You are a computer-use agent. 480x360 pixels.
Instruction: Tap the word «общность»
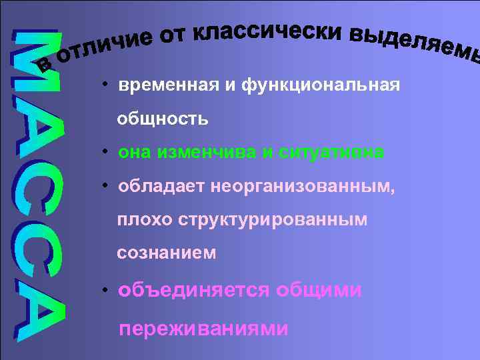pos(163,119)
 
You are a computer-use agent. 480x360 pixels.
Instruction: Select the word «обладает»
pos(161,187)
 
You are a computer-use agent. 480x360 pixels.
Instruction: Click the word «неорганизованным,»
pos(303,187)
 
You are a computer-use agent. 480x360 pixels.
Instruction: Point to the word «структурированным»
pos(273,220)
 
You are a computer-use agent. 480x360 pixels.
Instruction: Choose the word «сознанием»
pos(166,253)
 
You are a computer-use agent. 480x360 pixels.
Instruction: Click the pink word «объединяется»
pos(193,291)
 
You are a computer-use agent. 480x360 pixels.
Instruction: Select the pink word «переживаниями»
pos(203,329)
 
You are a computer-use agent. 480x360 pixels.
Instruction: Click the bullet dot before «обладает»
pos(105,185)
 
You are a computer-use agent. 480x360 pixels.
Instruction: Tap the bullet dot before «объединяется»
pos(105,289)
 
